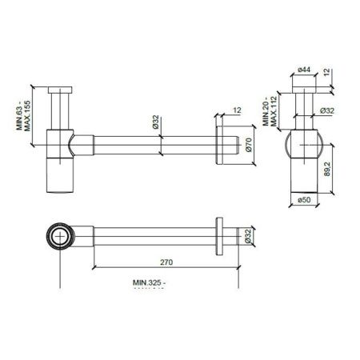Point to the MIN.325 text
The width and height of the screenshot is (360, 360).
[149, 282]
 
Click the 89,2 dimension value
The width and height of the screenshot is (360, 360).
[329, 168]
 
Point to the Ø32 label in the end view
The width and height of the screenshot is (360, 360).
[326, 111]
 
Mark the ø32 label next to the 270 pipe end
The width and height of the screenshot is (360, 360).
[247, 236]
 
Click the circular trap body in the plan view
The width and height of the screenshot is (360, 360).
[60, 236]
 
